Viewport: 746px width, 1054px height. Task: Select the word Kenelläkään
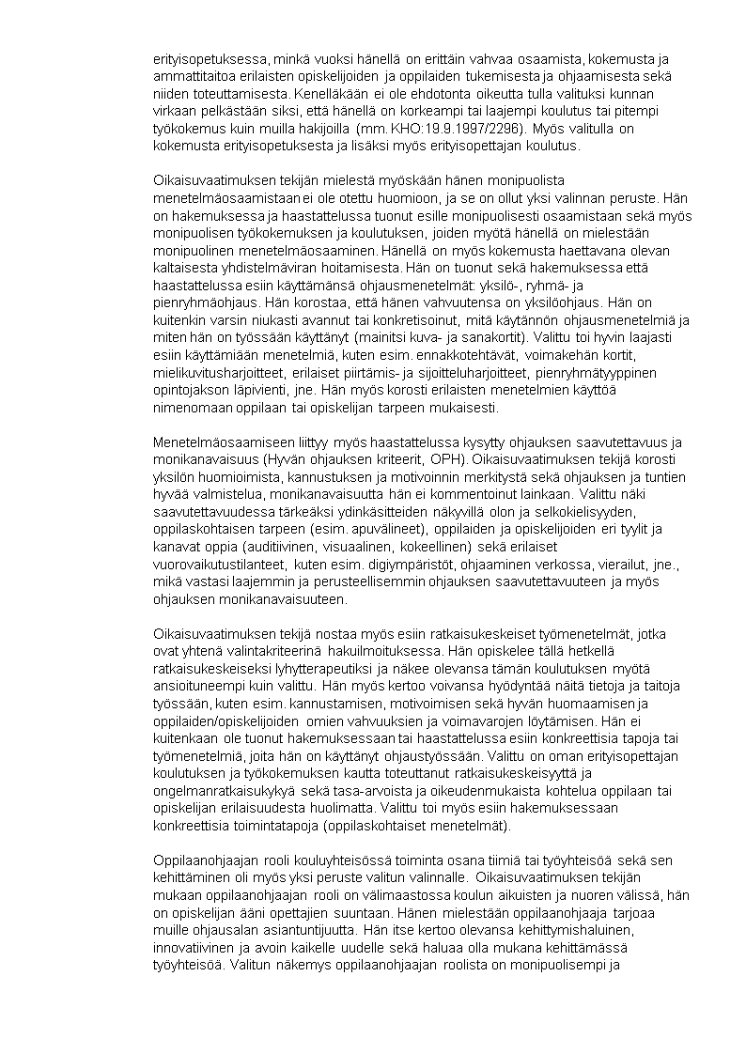[329, 94]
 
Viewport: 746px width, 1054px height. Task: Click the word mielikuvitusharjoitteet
[212, 371]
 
